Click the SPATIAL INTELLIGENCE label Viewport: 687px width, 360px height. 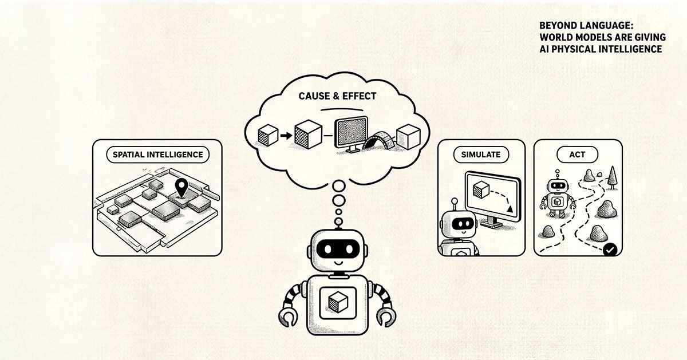click(x=157, y=155)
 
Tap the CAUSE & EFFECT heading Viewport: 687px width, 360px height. click(x=337, y=96)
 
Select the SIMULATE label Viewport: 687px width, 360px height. click(x=480, y=155)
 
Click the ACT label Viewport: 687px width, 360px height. click(x=577, y=155)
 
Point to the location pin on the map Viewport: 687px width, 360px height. click(x=181, y=187)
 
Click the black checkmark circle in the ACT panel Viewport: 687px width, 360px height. click(x=610, y=250)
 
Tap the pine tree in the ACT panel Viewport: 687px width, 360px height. click(x=612, y=178)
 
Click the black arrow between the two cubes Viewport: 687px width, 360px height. click(x=286, y=136)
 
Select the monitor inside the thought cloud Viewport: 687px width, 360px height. click(x=352, y=134)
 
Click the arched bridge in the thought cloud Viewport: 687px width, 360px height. click(x=380, y=140)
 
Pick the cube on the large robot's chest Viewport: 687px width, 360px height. click(x=338, y=302)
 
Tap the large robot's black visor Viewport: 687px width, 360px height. click(x=338, y=248)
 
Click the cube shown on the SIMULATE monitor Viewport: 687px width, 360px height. click(x=481, y=190)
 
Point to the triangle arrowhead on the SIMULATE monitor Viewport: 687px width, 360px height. click(x=510, y=209)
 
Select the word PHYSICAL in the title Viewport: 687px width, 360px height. click(x=574, y=49)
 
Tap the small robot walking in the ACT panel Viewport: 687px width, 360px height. click(x=558, y=194)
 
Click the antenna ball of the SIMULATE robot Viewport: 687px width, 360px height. click(x=455, y=201)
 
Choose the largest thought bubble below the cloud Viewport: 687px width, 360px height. click(x=338, y=186)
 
